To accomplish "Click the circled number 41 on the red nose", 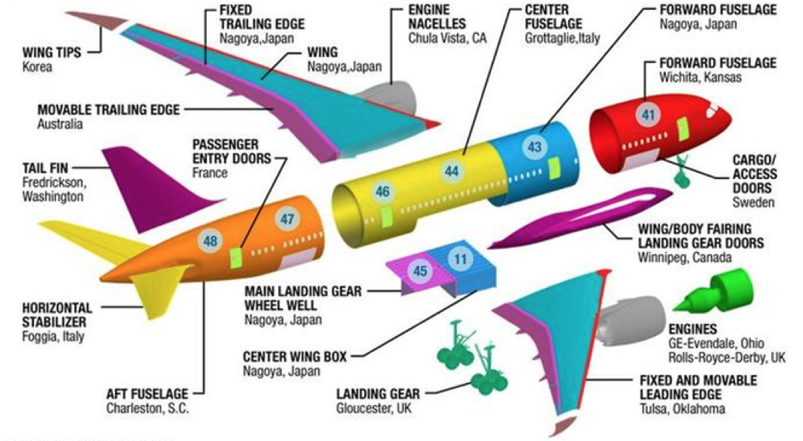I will tap(648, 115).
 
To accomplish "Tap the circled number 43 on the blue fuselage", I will tap(534, 148).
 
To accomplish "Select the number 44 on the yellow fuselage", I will tap(452, 171).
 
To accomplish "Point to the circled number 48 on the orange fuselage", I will tap(210, 241).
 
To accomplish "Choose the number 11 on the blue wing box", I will tap(461, 259).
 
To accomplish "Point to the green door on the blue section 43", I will tap(554, 168).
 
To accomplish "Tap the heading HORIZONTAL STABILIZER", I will tap(57, 315).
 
